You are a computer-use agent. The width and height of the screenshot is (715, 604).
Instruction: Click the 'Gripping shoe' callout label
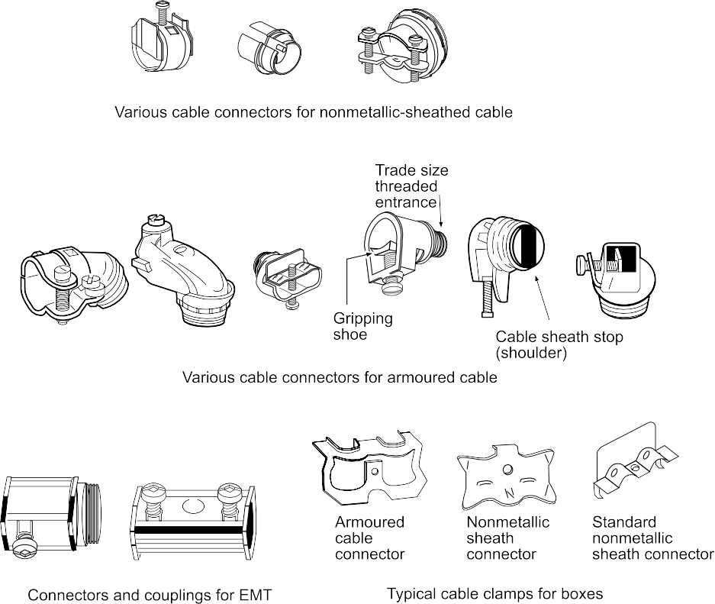tap(362, 326)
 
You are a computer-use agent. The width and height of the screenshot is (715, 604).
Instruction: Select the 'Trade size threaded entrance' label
tap(411, 186)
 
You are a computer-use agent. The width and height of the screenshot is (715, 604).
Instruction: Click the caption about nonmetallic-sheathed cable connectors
tap(313, 112)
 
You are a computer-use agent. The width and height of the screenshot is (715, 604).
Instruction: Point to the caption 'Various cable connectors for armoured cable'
tap(340, 377)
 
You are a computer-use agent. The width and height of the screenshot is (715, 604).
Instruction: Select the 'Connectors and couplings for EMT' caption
tap(150, 595)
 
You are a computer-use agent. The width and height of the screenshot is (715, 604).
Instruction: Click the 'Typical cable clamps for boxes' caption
tap(494, 593)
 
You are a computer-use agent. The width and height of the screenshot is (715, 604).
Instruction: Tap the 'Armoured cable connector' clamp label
tap(369, 538)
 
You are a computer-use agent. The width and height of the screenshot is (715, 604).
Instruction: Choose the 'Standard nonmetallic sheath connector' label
tap(652, 538)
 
